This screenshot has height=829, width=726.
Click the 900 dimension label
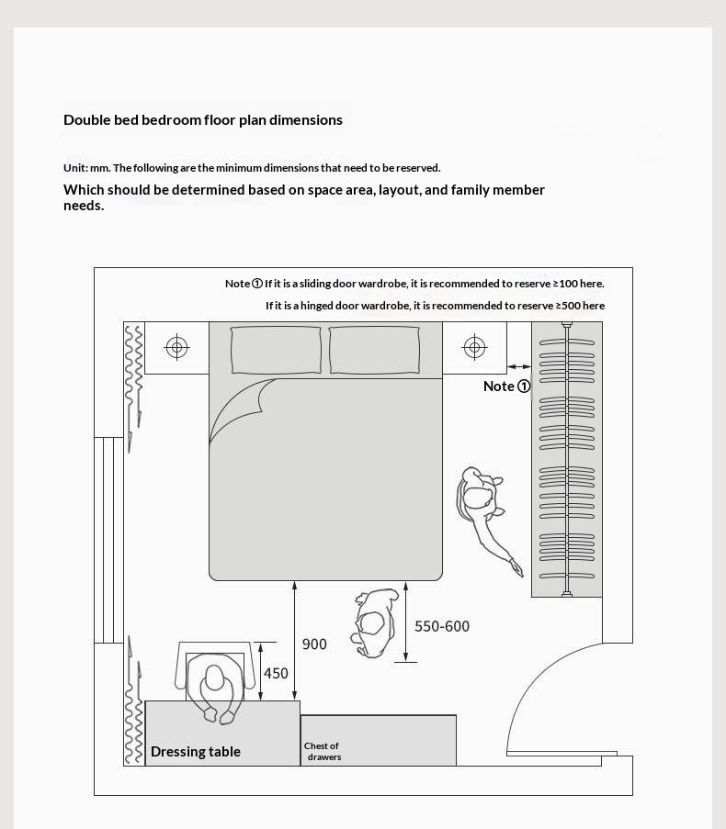point(314,644)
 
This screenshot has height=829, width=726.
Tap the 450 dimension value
point(276,673)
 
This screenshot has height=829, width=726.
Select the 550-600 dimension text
point(442,626)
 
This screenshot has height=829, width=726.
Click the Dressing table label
point(196,752)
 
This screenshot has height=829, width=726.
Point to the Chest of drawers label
point(323,751)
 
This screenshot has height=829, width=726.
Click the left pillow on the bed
point(276,350)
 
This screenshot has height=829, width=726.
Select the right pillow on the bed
point(374,350)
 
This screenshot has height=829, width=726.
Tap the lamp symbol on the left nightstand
point(176,347)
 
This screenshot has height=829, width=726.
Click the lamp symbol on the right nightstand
point(474,347)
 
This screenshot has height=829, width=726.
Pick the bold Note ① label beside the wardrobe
point(506,386)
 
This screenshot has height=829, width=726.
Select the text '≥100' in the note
point(565,284)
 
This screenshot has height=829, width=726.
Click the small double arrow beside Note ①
point(518,367)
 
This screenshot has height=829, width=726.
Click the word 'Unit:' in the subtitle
point(75,168)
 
